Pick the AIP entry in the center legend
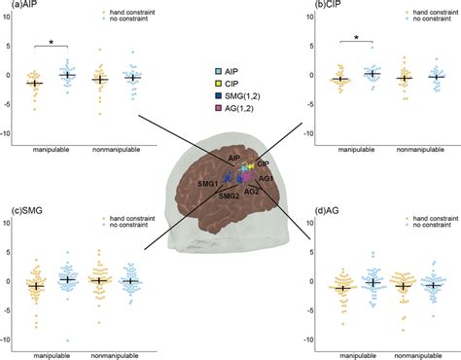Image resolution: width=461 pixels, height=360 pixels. click(x=232, y=72)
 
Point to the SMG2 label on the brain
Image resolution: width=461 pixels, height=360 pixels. click(x=230, y=195)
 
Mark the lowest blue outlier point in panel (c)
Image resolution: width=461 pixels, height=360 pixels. click(x=67, y=340)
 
